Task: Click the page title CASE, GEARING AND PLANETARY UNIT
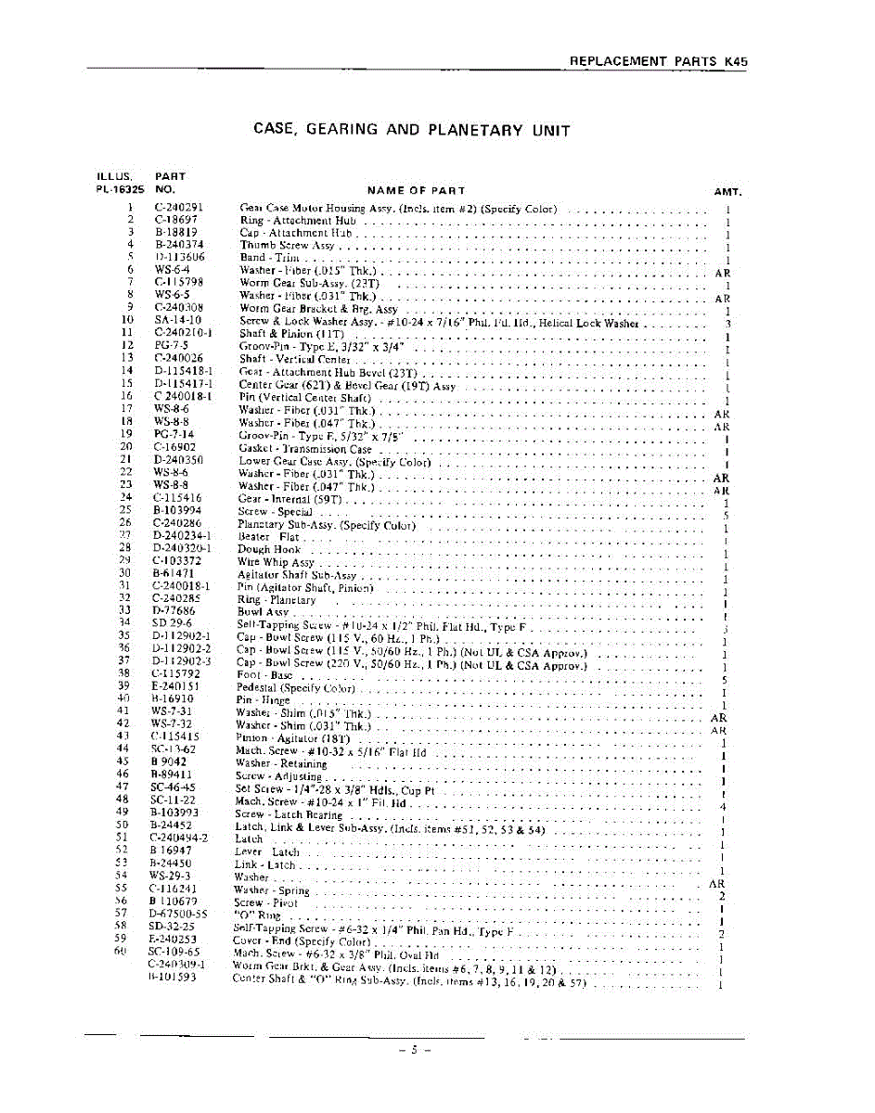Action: pyautogui.click(x=411, y=130)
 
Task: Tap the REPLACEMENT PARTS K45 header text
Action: pyautogui.click(x=658, y=61)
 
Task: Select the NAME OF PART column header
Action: pyautogui.click(x=417, y=191)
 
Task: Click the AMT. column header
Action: pyautogui.click(x=727, y=192)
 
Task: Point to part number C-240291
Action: pyautogui.click(x=179, y=208)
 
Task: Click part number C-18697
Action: pyautogui.click(x=175, y=221)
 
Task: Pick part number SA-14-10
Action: pyautogui.click(x=175, y=320)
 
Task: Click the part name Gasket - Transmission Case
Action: pyautogui.click(x=304, y=448)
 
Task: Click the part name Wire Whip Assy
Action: pyautogui.click(x=276, y=562)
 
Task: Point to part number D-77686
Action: pyautogui.click(x=174, y=611)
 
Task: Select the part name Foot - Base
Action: pyautogui.click(x=264, y=675)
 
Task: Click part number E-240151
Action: pyautogui.click(x=175, y=687)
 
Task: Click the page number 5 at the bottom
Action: pyautogui.click(x=415, y=1050)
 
